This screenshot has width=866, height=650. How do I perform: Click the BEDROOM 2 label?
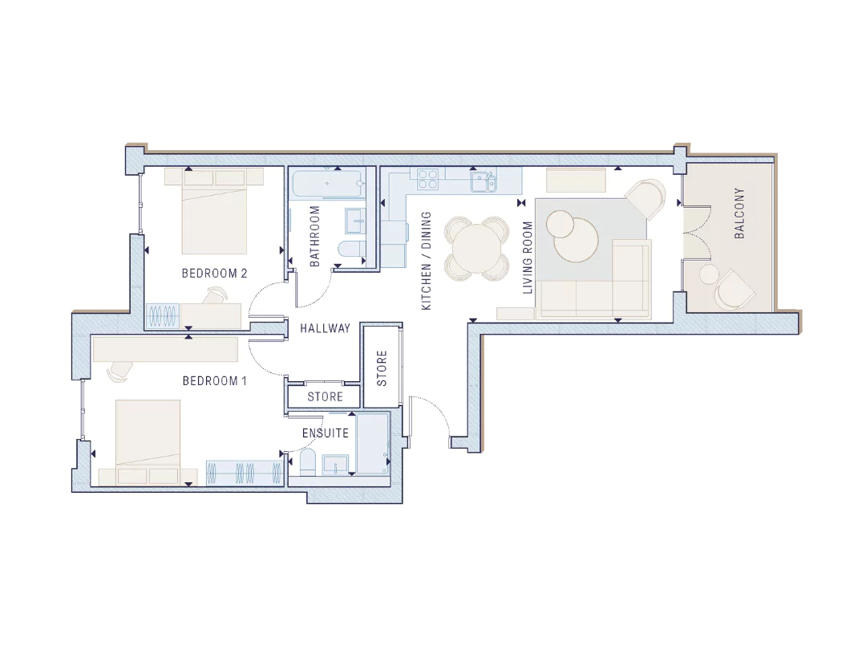(214, 273)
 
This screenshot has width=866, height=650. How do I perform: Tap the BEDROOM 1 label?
(214, 381)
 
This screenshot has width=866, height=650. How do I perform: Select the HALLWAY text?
(326, 328)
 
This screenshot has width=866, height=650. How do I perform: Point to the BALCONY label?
(739, 213)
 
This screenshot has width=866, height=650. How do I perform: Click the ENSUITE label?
(326, 433)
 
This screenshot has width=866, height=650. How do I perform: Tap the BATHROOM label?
(315, 237)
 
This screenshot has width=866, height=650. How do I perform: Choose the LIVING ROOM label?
(528, 258)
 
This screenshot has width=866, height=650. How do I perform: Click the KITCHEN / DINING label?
(427, 261)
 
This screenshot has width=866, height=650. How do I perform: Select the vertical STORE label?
(382, 368)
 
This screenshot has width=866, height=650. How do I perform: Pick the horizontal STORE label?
(326, 397)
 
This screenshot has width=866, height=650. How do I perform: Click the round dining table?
(476, 246)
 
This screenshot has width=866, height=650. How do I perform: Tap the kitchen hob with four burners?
(428, 180)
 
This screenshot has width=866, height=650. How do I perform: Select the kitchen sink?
(483, 181)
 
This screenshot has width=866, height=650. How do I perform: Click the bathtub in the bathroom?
(327, 185)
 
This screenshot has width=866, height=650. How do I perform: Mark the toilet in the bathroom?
(350, 250)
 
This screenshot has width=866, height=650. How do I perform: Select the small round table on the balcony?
(709, 274)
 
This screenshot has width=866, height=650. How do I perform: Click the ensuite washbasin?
(336, 465)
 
